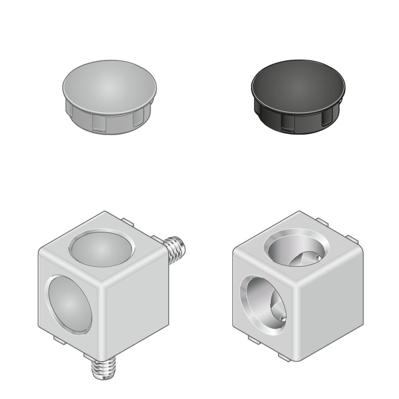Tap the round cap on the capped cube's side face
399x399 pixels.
(x=69, y=304)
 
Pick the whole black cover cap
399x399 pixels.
(x=298, y=97)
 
